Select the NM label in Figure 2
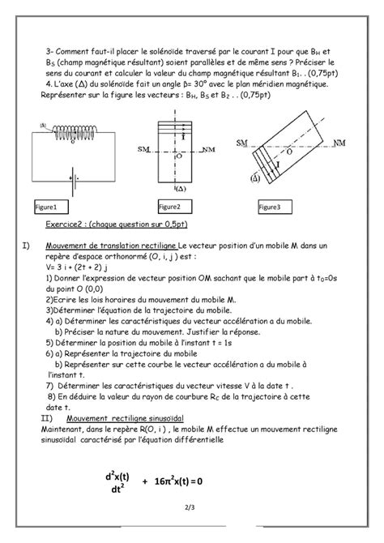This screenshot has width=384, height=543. [x=211, y=150]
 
